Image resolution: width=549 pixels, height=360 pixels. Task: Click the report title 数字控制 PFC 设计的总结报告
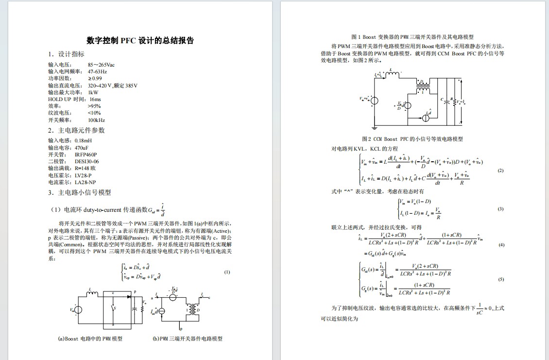click(140, 41)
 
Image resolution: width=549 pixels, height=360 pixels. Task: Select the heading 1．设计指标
click(67, 54)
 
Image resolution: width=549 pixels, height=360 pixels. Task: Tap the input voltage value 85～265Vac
click(101, 65)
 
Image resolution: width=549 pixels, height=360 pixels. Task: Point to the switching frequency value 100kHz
click(96, 120)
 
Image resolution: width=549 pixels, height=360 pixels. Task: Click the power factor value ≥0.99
click(95, 78)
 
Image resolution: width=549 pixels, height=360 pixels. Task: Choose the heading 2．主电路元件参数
click(77, 130)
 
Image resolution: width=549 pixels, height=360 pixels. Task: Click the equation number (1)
click(227, 272)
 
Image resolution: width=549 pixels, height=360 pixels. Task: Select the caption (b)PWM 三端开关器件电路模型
click(188, 339)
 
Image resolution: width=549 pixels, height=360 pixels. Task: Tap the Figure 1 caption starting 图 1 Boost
click(412, 37)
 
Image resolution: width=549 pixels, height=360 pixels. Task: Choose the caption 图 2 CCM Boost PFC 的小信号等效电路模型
click(412, 139)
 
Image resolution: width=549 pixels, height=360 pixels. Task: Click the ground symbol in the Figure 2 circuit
click(375, 128)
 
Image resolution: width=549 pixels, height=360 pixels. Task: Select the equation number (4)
click(502, 245)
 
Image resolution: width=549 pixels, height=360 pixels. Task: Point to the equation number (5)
click(502, 280)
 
